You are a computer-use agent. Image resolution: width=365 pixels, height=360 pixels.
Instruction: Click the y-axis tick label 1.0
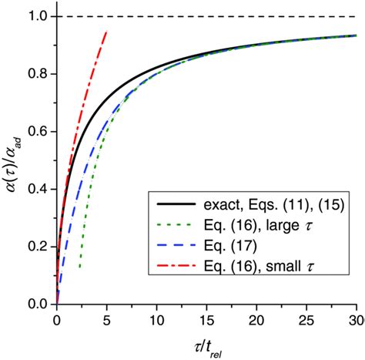(x=39, y=17)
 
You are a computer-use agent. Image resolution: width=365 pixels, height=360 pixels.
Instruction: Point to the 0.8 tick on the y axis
(x=39, y=74)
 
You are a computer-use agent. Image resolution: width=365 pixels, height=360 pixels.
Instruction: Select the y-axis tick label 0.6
(x=39, y=132)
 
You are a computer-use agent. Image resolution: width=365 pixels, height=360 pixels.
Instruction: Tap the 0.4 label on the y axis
(x=39, y=190)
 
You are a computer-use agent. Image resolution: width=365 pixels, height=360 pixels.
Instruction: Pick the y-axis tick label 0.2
(x=39, y=247)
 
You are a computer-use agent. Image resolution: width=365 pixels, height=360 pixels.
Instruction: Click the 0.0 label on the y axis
(x=39, y=304)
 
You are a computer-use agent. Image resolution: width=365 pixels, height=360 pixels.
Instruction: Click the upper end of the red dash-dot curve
(x=106, y=32)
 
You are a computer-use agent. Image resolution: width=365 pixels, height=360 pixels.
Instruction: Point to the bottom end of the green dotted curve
(x=79, y=268)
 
